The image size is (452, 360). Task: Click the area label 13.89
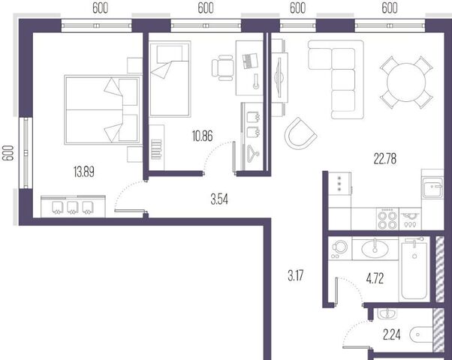click(84, 172)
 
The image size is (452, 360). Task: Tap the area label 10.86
click(203, 136)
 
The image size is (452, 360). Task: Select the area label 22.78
click(385, 159)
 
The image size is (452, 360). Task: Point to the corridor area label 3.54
click(219, 199)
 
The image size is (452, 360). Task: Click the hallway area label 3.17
click(296, 275)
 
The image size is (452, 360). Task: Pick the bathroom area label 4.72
click(375, 279)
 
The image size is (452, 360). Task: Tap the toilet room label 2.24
click(391, 334)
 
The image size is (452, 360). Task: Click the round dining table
click(406, 82)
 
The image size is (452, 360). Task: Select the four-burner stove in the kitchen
click(387, 220)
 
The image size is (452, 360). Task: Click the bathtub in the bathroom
click(414, 268)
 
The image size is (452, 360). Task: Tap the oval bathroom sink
click(375, 249)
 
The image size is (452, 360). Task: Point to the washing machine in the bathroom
click(339, 248)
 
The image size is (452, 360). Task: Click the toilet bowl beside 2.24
click(421, 334)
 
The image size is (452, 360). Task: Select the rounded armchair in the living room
click(300, 133)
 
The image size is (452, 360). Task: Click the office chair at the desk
click(222, 68)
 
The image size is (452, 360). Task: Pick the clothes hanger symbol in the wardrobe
click(253, 154)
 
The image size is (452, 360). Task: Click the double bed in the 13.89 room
click(103, 109)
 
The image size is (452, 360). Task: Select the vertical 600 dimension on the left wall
click(8, 153)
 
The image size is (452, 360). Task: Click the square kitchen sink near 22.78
click(432, 187)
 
